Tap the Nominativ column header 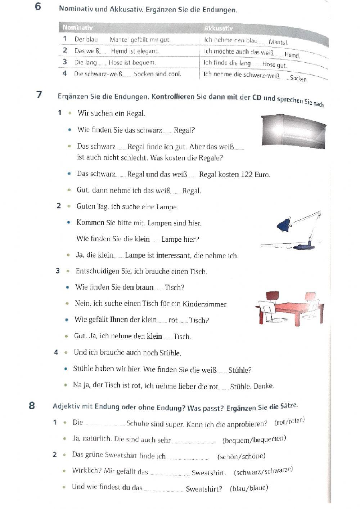pos(78,27)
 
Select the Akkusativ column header pos(218,28)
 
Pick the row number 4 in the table pos(64,73)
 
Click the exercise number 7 pos(39,95)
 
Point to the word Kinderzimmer pos(205,304)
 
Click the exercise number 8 pos(32,405)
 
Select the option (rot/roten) pos(289,421)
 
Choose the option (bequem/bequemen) pos(254,440)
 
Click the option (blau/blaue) pos(249,488)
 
